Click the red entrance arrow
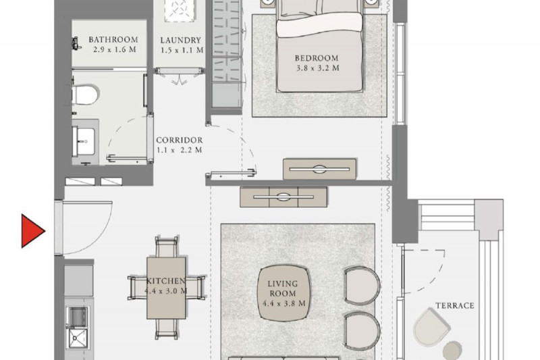(32, 231)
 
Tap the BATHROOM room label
(113, 40)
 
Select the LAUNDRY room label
(181, 41)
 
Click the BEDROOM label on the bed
(317, 58)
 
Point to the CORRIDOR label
(180, 140)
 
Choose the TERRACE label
(455, 305)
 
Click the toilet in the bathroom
(85, 95)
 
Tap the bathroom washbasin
(83, 142)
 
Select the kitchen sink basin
(78, 338)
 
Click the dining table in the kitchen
(166, 288)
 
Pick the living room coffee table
(284, 293)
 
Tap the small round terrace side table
(452, 351)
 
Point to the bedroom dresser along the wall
(319, 169)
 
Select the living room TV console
(283, 197)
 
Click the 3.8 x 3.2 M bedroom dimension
(318, 68)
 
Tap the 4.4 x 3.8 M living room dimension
(283, 304)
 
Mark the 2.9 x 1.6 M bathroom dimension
(115, 49)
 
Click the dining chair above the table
(167, 247)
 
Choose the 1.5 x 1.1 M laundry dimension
(182, 50)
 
